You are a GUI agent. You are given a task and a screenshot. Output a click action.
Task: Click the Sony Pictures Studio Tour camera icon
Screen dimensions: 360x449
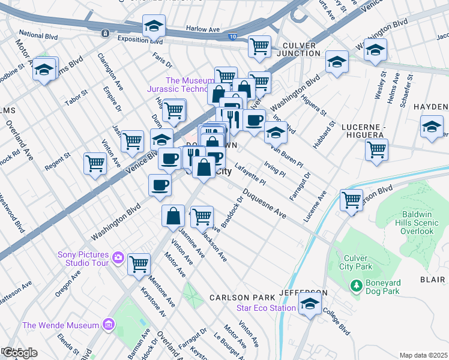point(118,257)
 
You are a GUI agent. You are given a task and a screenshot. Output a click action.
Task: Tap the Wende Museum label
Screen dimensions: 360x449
point(60,325)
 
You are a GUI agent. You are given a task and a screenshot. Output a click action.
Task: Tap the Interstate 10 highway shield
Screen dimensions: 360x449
point(232,37)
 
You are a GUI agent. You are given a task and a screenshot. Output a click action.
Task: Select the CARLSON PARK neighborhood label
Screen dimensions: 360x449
point(242,298)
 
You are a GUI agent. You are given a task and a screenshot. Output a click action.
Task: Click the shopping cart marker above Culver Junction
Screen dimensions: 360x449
point(259,46)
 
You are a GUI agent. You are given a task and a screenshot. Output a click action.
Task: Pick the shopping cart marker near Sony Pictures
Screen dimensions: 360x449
point(139,263)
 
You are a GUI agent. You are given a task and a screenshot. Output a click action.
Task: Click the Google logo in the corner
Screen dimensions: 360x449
point(20,353)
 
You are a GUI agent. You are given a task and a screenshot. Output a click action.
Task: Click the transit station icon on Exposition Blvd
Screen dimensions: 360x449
point(105,33)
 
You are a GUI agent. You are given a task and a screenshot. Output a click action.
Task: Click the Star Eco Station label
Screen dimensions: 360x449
point(266,308)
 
